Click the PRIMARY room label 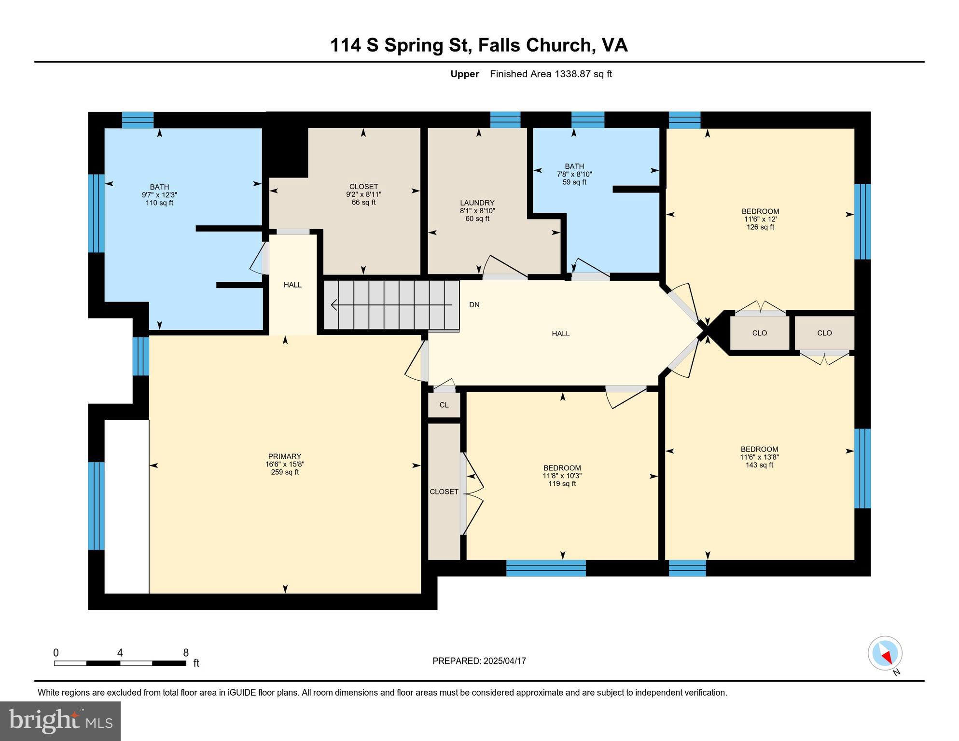285,456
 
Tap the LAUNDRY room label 477,203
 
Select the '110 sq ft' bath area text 159,203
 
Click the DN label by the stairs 474,305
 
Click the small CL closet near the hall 444,405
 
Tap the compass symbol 885,654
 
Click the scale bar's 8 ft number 186,653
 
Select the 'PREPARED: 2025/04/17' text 479,661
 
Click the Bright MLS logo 60,721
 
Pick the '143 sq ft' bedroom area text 759,465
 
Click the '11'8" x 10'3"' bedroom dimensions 562,476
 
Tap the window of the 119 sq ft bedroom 546,568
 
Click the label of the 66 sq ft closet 363,187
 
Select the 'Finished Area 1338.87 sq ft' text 551,74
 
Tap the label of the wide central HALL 561,333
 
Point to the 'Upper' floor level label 464,74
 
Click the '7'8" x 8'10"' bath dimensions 574,174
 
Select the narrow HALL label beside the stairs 292,285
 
